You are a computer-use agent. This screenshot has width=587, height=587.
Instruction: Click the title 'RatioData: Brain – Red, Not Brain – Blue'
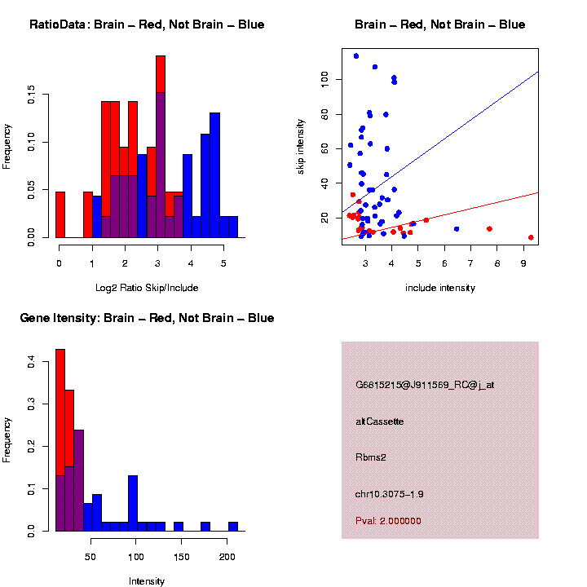(x=147, y=24)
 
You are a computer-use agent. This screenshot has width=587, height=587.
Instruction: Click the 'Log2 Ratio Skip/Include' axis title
(x=147, y=287)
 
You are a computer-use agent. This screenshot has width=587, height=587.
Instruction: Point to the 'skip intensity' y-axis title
(x=301, y=145)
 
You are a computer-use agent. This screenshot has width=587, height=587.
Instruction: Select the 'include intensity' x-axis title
(x=440, y=287)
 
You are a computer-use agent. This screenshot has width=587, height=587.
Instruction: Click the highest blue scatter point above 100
(x=356, y=55)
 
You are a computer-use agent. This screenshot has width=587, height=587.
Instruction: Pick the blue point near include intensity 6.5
(x=457, y=228)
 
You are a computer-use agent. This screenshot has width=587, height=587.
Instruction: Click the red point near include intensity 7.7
(x=489, y=228)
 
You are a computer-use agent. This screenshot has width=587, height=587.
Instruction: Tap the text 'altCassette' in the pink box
(x=380, y=421)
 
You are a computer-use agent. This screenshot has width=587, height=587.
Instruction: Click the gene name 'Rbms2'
(x=371, y=457)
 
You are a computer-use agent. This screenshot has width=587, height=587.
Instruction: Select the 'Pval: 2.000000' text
(x=388, y=520)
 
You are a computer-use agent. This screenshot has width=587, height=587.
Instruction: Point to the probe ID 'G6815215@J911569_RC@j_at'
(x=425, y=384)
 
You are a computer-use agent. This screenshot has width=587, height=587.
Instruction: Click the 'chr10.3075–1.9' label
(x=390, y=493)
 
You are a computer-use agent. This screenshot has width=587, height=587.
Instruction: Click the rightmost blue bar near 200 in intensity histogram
(x=232, y=527)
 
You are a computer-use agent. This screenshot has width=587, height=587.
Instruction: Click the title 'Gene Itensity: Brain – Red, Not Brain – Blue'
(x=147, y=317)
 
